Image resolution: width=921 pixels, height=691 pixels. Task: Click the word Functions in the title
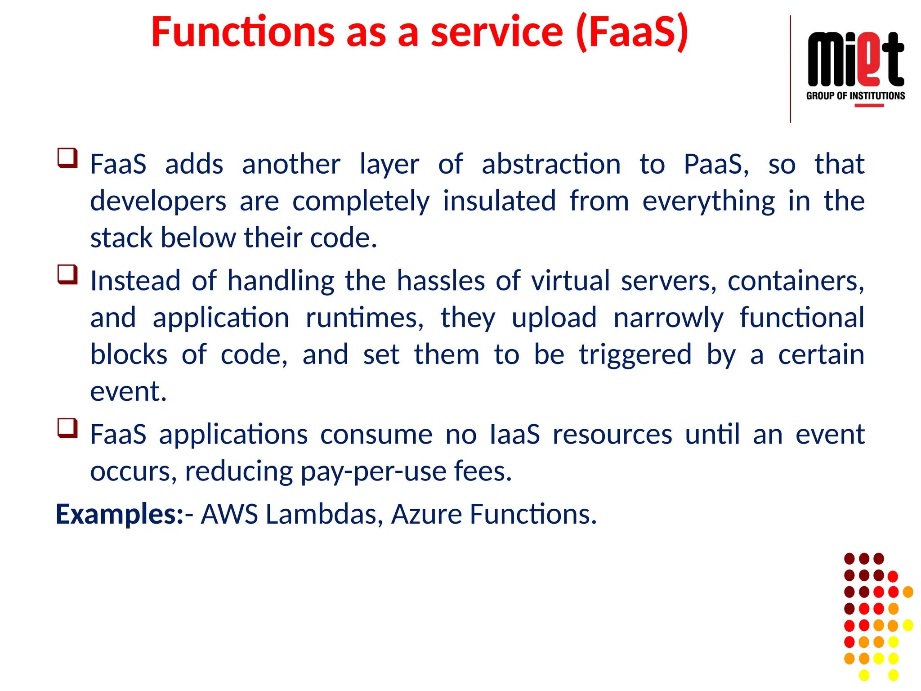[243, 32]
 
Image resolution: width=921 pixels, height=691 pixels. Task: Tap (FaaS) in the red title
[632, 32]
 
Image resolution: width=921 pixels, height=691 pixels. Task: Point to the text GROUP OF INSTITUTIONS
[855, 96]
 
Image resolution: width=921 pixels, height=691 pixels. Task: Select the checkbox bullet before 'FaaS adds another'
[67, 158]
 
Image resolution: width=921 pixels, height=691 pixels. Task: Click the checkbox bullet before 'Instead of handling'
[67, 274]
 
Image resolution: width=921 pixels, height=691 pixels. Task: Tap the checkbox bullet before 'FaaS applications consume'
[67, 428]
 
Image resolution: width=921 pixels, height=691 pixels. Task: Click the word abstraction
[551, 164]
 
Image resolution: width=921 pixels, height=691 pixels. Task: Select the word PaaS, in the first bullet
[716, 164]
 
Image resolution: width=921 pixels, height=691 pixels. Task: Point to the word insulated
[499, 201]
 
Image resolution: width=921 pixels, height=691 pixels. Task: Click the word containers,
[796, 281]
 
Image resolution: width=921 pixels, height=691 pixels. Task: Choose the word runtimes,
[364, 318]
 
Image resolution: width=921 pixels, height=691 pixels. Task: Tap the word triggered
[635, 355]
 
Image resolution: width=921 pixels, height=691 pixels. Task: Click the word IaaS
[514, 435]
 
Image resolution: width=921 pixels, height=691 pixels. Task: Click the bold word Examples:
[120, 514]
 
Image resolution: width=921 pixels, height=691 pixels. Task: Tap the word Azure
[426, 514]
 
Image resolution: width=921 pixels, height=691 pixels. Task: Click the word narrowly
[668, 318]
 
